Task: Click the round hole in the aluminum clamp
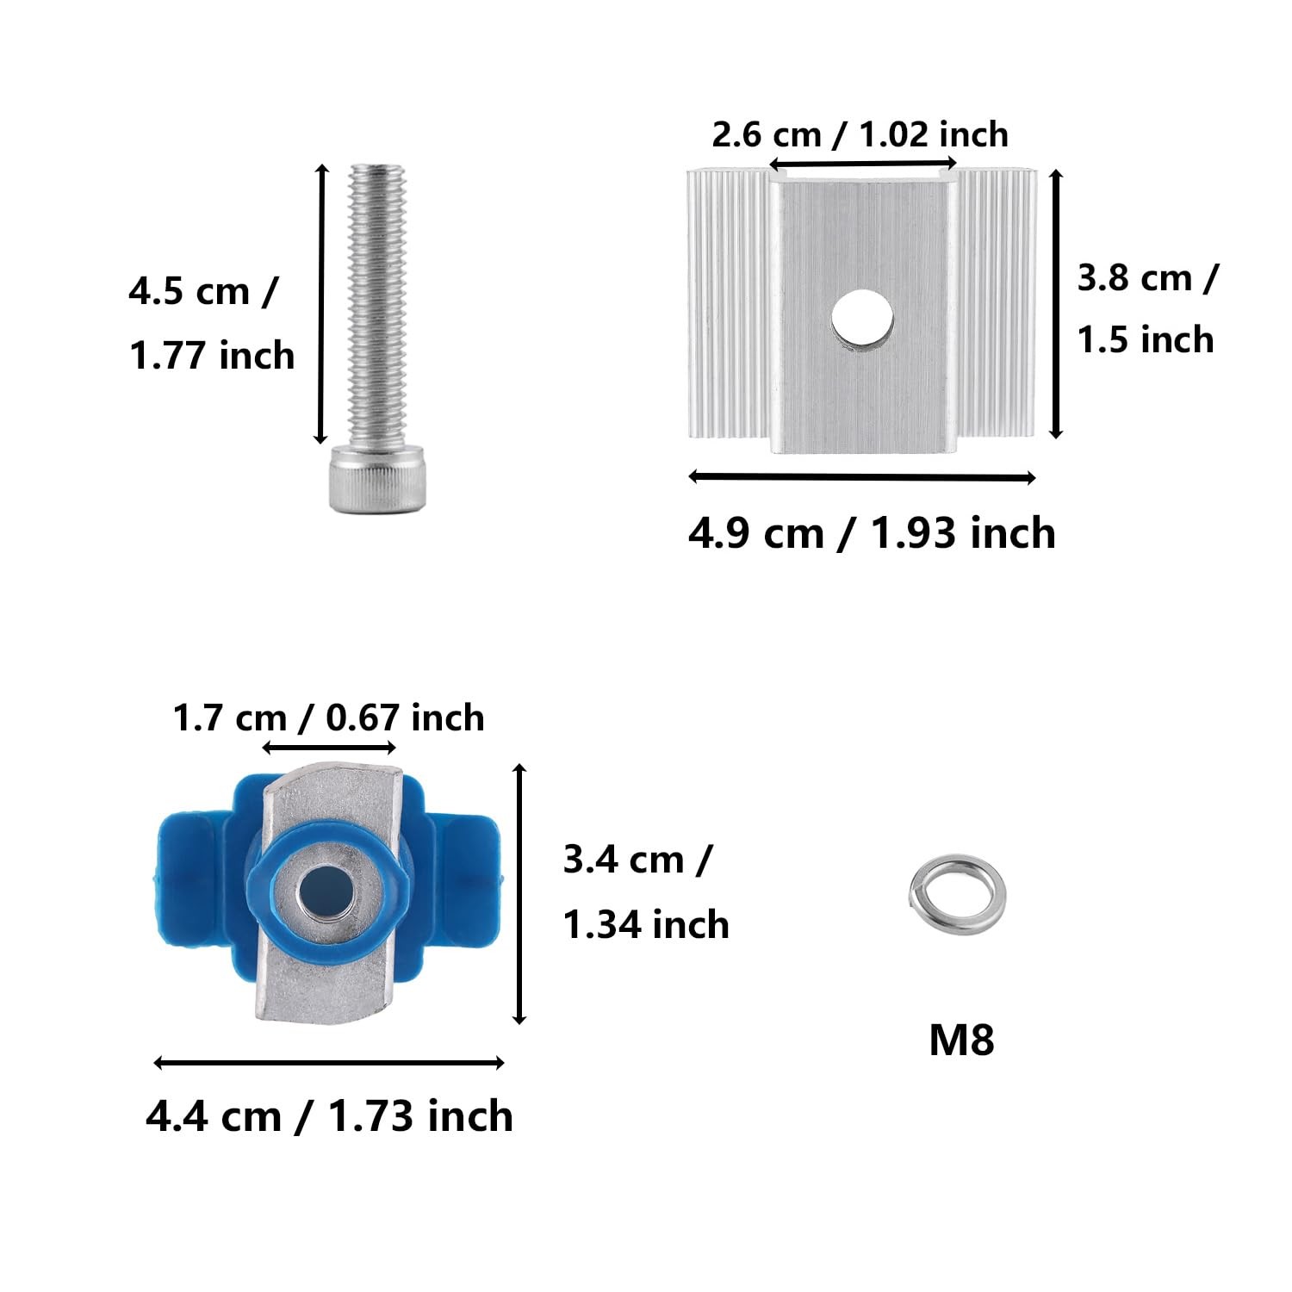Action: tap(861, 322)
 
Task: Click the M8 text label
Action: tap(961, 1040)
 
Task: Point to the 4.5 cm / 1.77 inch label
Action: tap(212, 323)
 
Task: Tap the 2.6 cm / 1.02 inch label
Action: tap(860, 134)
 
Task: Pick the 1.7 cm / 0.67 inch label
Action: tap(329, 717)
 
